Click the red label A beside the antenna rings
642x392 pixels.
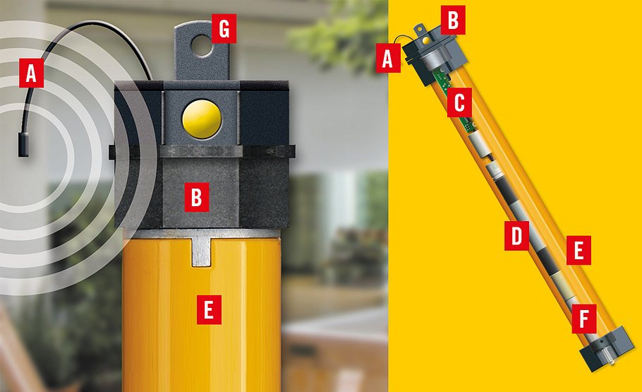point(30,73)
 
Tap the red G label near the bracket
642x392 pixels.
point(224,30)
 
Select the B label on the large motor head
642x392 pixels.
point(196,198)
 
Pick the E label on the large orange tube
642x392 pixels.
point(210,311)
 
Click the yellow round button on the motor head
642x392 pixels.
point(202,117)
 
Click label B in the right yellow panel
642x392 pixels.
point(452,20)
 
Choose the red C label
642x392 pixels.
point(459,104)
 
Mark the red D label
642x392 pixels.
point(517,237)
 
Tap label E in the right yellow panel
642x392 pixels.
point(578,251)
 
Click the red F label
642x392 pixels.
point(583,318)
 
